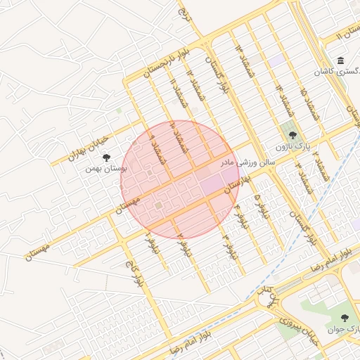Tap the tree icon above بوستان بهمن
pyautogui.click(x=106, y=158)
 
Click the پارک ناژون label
pyautogui.click(x=292, y=146)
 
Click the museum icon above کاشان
pyautogui.click(x=340, y=60)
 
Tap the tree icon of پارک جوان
pyautogui.click(x=345, y=318)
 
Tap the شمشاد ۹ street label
pyautogui.click(x=155, y=150)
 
